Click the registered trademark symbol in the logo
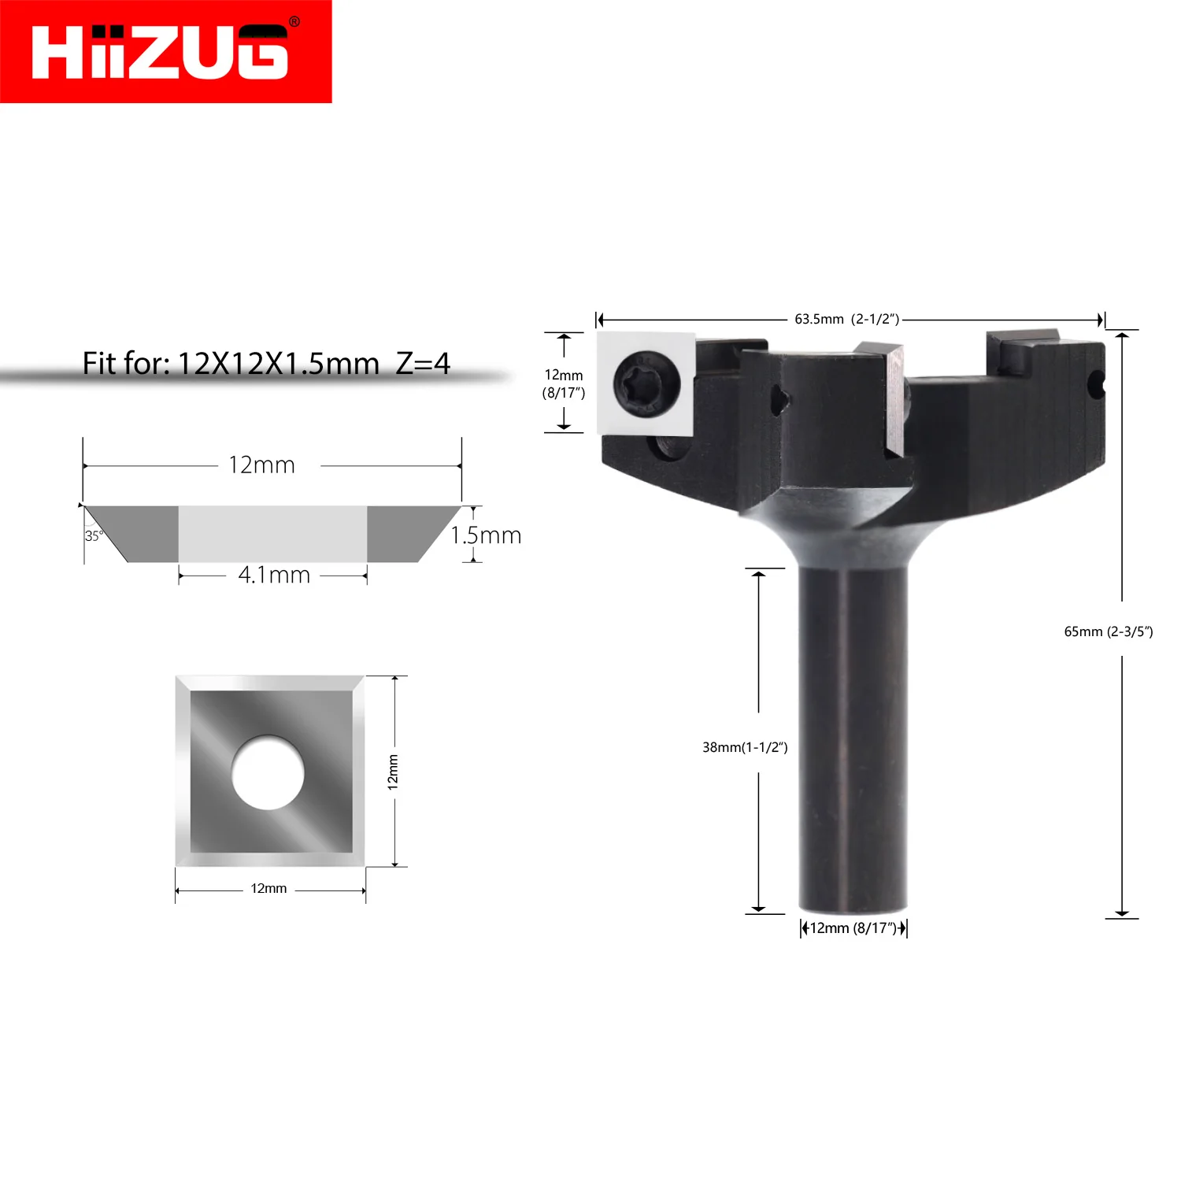coord(294,22)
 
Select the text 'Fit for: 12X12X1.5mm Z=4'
coord(266,364)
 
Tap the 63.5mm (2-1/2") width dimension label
coord(846,319)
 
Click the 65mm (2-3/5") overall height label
coord(1108,631)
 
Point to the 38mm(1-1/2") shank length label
coord(745,747)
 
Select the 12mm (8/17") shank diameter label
coord(853,928)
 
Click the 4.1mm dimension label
coord(274,576)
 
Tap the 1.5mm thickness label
coord(486,535)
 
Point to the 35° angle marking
coord(94,536)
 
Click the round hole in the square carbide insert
coord(268,772)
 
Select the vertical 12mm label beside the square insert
coord(393,772)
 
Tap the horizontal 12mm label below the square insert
coord(268,889)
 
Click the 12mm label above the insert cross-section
coord(261,465)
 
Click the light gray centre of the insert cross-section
coord(272,533)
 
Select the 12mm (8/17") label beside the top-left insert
coord(564,383)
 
